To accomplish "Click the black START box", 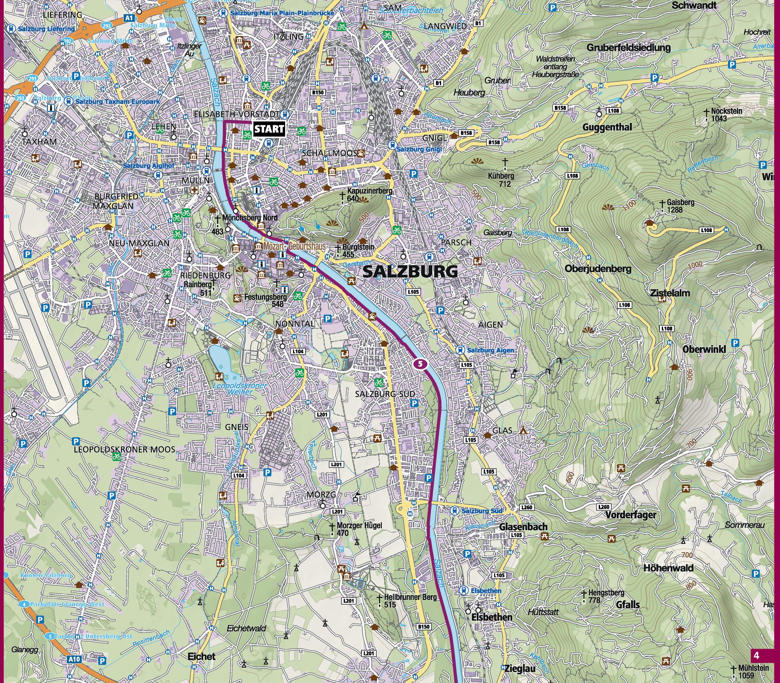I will coord(269,129).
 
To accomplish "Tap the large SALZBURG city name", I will coord(410,272).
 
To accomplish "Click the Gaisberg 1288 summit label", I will coord(680,206).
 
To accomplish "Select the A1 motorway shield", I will coord(129,18).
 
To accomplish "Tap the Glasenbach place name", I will coord(523,527).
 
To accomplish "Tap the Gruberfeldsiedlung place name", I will coord(628,48).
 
